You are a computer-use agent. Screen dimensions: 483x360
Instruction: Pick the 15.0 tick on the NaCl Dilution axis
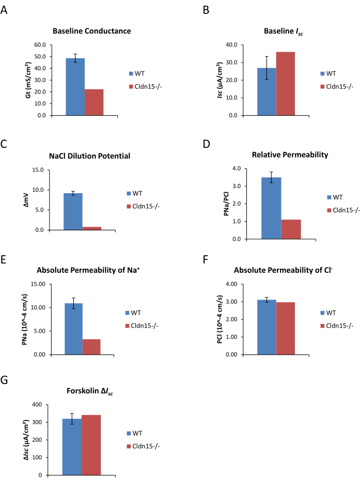pos(39,170)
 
